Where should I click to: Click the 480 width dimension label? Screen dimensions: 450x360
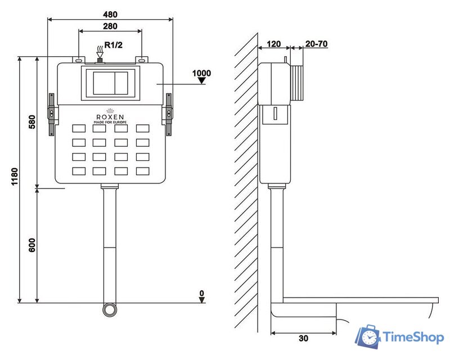click(x=110, y=15)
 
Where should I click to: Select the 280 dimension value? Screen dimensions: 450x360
click(x=110, y=26)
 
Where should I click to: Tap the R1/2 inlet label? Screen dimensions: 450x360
click(x=114, y=45)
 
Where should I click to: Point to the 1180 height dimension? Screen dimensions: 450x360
click(x=15, y=177)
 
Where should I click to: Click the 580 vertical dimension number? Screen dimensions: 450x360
click(x=32, y=122)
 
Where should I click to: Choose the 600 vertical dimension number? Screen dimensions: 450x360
click(x=32, y=245)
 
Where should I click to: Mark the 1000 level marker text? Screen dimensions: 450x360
click(x=201, y=73)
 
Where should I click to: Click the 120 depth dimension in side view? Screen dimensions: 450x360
click(x=273, y=44)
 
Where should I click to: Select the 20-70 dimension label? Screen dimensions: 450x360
click(x=316, y=44)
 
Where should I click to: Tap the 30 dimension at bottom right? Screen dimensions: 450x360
click(x=303, y=339)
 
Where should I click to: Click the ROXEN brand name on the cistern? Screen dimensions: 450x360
click(x=110, y=117)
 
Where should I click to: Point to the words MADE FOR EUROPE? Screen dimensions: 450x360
click(x=110, y=122)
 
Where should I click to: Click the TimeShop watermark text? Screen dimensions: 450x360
click(x=413, y=337)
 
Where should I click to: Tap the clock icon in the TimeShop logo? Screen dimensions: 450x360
click(x=370, y=337)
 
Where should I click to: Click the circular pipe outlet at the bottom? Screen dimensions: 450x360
click(x=110, y=310)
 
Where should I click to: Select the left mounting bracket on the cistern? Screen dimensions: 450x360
click(x=52, y=114)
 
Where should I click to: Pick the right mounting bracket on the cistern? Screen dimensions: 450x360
click(x=168, y=114)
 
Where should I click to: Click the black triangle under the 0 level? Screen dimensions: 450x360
click(x=202, y=300)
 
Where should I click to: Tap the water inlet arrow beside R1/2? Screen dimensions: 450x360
click(x=100, y=52)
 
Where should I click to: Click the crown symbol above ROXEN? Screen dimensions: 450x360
click(x=110, y=111)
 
